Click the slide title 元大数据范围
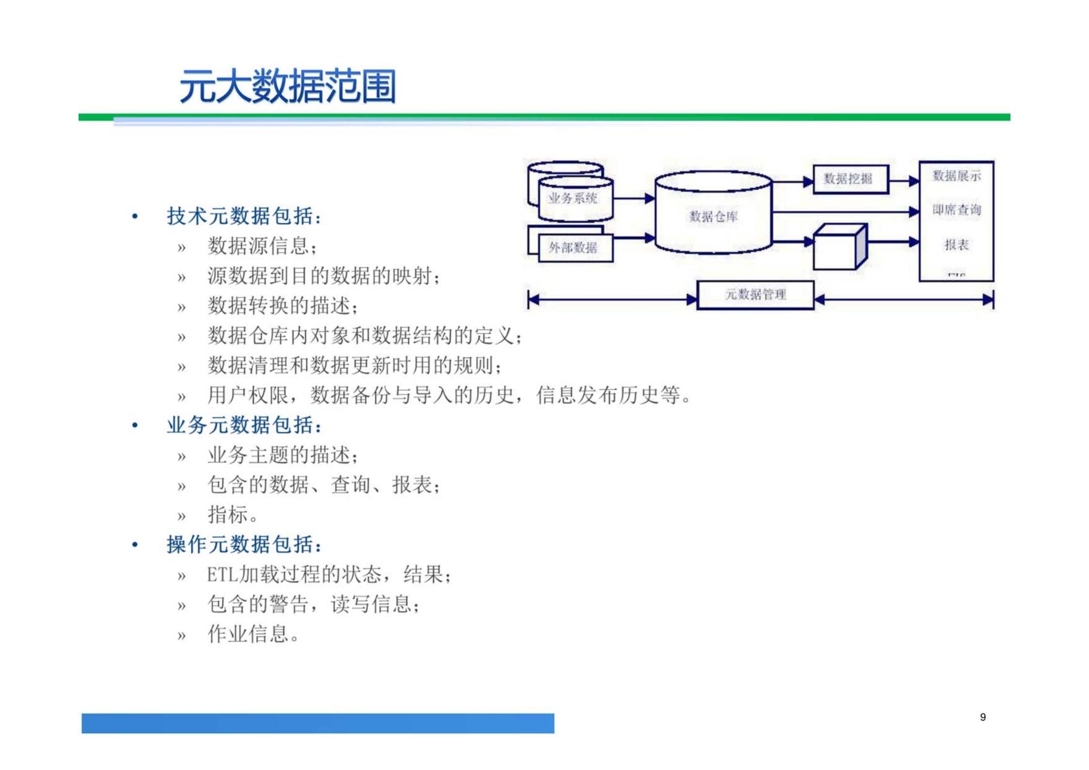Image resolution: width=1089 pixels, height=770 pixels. [287, 87]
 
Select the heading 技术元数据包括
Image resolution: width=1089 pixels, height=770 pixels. [244, 216]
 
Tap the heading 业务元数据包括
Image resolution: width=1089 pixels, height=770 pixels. [244, 426]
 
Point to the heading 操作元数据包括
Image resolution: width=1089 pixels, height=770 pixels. [244, 544]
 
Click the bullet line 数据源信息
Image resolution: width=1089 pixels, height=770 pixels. [262, 246]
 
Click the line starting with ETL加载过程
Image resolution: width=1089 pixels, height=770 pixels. [329, 574]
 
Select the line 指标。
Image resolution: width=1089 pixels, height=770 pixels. [233, 514]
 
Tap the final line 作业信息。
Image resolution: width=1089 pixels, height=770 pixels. [253, 634]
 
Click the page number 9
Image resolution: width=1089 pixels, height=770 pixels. [983, 717]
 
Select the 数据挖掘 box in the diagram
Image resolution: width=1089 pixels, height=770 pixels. [850, 179]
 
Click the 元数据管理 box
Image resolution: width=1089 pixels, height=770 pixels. [755, 295]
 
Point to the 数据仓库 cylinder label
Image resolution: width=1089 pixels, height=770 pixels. [713, 216]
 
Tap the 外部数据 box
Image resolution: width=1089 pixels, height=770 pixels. [573, 248]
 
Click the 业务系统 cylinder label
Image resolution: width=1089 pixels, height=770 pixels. [573, 198]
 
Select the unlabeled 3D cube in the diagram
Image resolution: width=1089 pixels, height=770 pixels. [838, 248]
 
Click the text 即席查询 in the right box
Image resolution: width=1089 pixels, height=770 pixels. [956, 210]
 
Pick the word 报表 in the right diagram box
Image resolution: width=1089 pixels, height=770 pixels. [956, 245]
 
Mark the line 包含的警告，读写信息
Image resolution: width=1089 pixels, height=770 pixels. [313, 604]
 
